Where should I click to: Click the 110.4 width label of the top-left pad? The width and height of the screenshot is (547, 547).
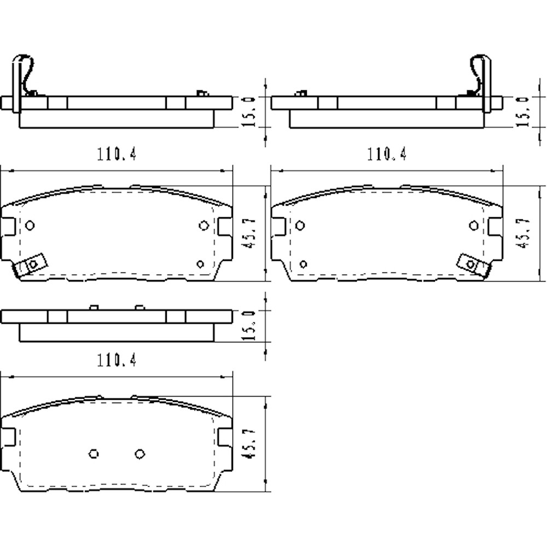click(117, 155)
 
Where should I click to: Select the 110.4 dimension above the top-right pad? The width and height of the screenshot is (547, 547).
click(387, 155)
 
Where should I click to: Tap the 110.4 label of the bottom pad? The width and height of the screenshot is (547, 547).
click(117, 360)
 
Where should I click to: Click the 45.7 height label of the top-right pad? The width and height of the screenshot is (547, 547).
click(523, 234)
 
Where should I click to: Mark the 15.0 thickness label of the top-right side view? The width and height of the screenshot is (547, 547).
click(522, 112)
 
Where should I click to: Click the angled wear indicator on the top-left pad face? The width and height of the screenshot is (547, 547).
click(31, 265)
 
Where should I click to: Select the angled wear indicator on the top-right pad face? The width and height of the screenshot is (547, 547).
click(472, 264)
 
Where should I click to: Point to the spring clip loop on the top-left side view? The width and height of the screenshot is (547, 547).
click(24, 71)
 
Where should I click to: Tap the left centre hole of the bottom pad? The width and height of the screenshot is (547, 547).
click(94, 453)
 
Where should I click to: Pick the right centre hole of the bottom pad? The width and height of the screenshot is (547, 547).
click(139, 453)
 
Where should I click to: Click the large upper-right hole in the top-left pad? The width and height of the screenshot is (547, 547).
click(203, 225)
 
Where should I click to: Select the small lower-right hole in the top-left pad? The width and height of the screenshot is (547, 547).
click(200, 264)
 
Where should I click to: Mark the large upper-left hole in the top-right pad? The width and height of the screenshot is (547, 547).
click(300, 225)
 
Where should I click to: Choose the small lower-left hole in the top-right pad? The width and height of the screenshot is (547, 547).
click(303, 264)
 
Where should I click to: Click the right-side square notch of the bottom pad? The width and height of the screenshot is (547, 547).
click(225, 437)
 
